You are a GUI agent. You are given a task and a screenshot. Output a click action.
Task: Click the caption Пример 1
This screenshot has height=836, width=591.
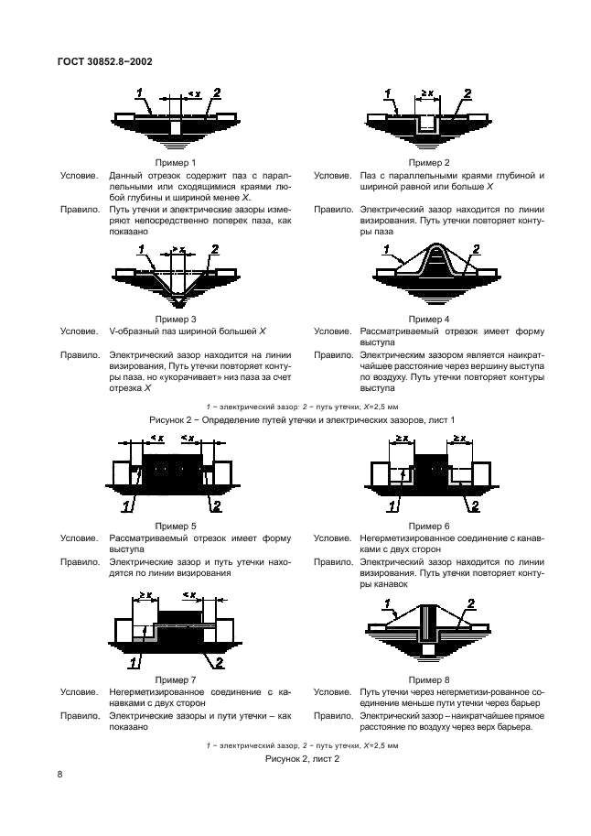pos(175,162)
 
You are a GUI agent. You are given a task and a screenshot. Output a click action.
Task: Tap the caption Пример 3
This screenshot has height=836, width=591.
pos(175,319)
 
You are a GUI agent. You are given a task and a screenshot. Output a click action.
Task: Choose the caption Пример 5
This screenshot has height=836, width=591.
pos(175,527)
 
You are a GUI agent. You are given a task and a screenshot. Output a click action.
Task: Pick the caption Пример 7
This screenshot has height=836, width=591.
pos(175,680)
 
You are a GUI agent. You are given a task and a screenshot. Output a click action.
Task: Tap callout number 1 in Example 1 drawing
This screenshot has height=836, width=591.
pos(139,92)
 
